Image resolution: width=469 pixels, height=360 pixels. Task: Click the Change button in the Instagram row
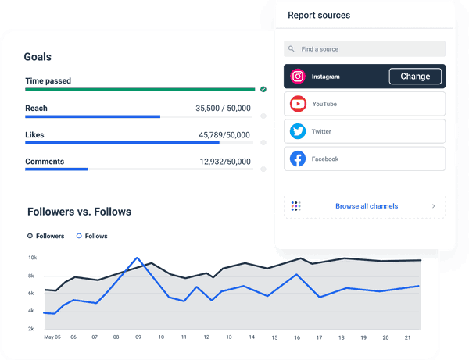click(x=415, y=77)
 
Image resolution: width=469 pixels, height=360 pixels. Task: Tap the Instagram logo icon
click(x=298, y=77)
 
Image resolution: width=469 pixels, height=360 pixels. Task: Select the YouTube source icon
click(x=298, y=104)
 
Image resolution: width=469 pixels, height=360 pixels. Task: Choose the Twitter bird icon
click(x=298, y=131)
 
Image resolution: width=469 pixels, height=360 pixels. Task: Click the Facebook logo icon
click(x=298, y=159)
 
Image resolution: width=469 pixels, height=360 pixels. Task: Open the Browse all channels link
click(x=366, y=206)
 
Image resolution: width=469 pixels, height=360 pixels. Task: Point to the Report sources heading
click(x=319, y=15)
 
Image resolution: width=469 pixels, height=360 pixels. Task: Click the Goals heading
click(x=38, y=57)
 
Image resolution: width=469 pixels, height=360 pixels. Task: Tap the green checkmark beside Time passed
click(x=263, y=89)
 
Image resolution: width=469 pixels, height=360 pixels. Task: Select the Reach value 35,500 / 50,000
click(x=223, y=109)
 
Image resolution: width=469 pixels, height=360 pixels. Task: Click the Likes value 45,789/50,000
click(x=224, y=135)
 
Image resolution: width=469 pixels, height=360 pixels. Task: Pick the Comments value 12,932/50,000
click(x=225, y=162)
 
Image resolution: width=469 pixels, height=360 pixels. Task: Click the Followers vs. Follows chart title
click(x=79, y=212)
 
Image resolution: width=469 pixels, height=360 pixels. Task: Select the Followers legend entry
click(x=46, y=236)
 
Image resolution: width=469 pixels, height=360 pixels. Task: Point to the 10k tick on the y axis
click(x=33, y=258)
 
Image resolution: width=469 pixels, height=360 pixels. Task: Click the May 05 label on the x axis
click(x=52, y=337)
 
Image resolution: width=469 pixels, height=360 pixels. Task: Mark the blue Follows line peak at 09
click(x=138, y=258)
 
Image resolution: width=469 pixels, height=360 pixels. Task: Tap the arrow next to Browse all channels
click(x=434, y=206)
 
